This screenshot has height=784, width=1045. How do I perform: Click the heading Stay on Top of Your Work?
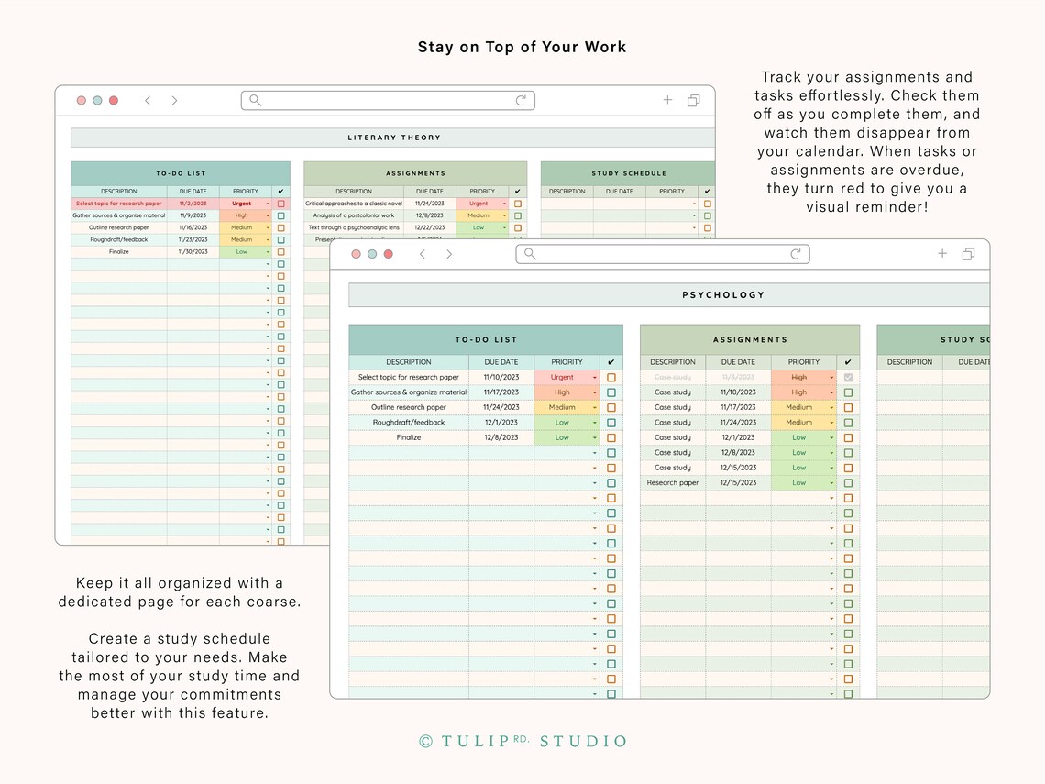(522, 47)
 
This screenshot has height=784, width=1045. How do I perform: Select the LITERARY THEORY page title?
(394, 138)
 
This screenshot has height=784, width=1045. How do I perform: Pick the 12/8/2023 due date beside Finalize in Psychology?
(501, 437)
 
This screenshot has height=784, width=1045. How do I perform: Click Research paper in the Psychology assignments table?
(673, 482)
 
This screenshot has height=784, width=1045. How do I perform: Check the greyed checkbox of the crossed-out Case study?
(848, 377)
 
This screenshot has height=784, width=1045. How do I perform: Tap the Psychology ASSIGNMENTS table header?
(750, 339)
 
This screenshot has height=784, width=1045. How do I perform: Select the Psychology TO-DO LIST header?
(486, 339)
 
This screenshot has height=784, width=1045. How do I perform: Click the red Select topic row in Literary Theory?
(119, 204)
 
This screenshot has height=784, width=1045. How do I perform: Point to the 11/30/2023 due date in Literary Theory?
(193, 251)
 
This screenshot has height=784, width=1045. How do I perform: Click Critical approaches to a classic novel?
(354, 204)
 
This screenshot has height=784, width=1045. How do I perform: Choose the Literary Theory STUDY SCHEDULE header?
(629, 173)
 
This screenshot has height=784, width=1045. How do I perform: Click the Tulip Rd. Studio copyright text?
(522, 741)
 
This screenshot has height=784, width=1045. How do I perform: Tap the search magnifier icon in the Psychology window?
(530, 254)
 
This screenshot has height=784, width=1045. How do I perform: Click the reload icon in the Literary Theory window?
(521, 100)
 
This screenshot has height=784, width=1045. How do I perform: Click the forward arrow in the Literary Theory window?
(174, 100)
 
